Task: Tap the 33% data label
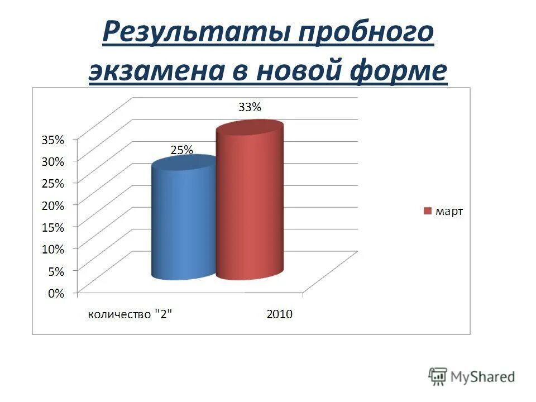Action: tap(250, 108)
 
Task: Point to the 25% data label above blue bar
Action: tap(181, 150)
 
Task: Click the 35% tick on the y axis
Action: tap(52, 140)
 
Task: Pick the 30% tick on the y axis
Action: tap(52, 162)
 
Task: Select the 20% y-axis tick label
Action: tap(52, 205)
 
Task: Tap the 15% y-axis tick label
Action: tap(52, 227)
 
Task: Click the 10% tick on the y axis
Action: tap(52, 249)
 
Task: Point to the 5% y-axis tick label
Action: tap(55, 271)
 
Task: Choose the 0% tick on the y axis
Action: tap(55, 293)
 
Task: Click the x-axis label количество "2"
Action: tap(130, 314)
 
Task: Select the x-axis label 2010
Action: tap(279, 314)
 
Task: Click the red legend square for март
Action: tap(428, 211)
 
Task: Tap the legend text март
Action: tap(449, 211)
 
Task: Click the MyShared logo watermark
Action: tap(472, 376)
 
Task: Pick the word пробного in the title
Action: tap(366, 33)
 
